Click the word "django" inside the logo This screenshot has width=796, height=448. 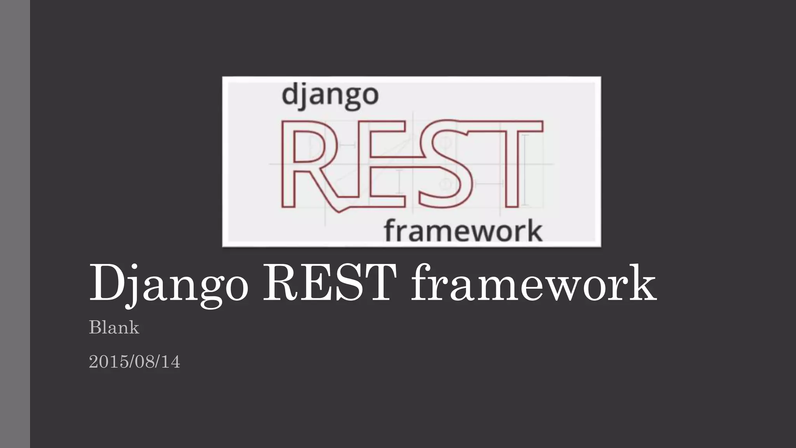330,95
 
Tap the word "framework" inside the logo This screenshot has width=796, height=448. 463,231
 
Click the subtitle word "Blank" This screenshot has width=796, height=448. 114,327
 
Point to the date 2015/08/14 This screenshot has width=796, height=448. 134,362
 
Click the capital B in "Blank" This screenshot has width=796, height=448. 95,327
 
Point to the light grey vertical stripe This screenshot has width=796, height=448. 15,224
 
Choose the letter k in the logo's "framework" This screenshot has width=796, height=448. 532,231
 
